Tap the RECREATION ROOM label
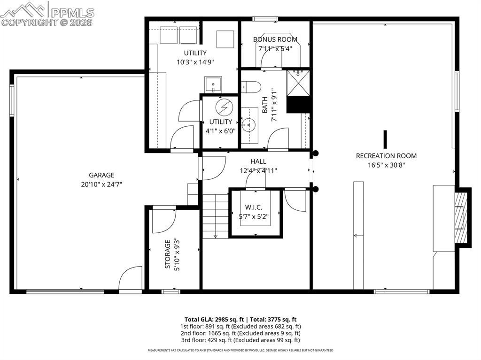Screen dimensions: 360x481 coord(386,156)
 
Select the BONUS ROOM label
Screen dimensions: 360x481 coord(275,40)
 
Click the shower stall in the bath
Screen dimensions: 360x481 coord(298,83)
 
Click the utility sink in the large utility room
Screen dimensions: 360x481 coord(213,84)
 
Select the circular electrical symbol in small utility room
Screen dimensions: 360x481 coord(224,107)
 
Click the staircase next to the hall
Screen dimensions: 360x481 coord(215,216)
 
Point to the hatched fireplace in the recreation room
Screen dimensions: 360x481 coord(462,217)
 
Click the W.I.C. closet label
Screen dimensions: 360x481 coord(254,207)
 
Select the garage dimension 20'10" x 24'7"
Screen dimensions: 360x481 coord(102,184)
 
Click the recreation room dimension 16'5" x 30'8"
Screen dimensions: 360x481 coord(386,165)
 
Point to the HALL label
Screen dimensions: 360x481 coord(258,161)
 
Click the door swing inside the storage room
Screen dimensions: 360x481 coord(163,220)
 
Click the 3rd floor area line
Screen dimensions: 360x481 coord(240,340)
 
